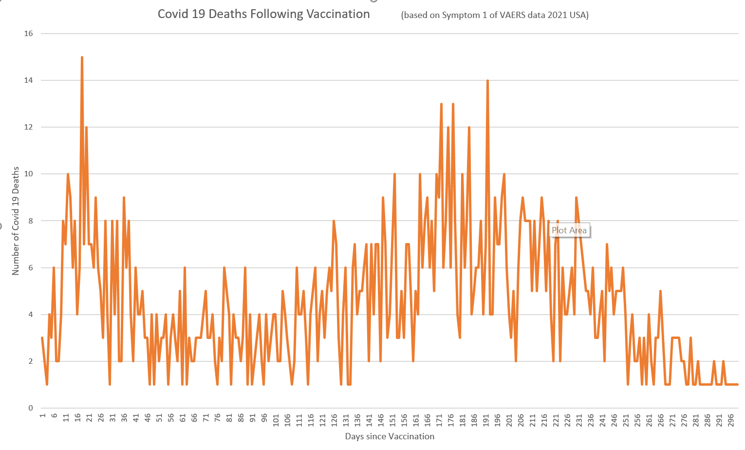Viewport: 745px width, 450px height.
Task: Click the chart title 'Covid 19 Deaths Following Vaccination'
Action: [x=263, y=14]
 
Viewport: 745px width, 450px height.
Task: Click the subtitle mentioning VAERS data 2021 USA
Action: [x=495, y=15]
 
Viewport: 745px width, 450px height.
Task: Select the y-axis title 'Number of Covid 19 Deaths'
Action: [x=15, y=221]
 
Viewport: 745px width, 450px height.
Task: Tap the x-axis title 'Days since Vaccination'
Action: [x=390, y=436]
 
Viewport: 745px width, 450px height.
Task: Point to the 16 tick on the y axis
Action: [x=28, y=33]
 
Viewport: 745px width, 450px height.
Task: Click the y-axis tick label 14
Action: [x=28, y=80]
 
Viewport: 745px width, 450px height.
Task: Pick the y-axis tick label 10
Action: [x=28, y=174]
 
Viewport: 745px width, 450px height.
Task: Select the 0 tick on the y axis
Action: [x=31, y=408]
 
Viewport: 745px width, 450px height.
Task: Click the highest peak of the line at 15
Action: [x=82, y=57]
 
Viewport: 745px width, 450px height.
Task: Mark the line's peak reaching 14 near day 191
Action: [x=487, y=80]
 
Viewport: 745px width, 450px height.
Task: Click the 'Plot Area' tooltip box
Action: [x=569, y=230]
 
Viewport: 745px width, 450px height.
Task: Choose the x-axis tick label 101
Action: [x=276, y=420]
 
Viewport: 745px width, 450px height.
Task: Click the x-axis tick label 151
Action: [x=393, y=420]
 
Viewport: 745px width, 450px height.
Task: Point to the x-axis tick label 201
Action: [x=509, y=420]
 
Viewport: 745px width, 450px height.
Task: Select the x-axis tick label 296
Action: [x=731, y=420]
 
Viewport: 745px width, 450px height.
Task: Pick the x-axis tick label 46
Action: [x=148, y=418]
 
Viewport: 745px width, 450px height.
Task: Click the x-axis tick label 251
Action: [x=626, y=420]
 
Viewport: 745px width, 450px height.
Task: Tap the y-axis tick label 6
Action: [x=31, y=268]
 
